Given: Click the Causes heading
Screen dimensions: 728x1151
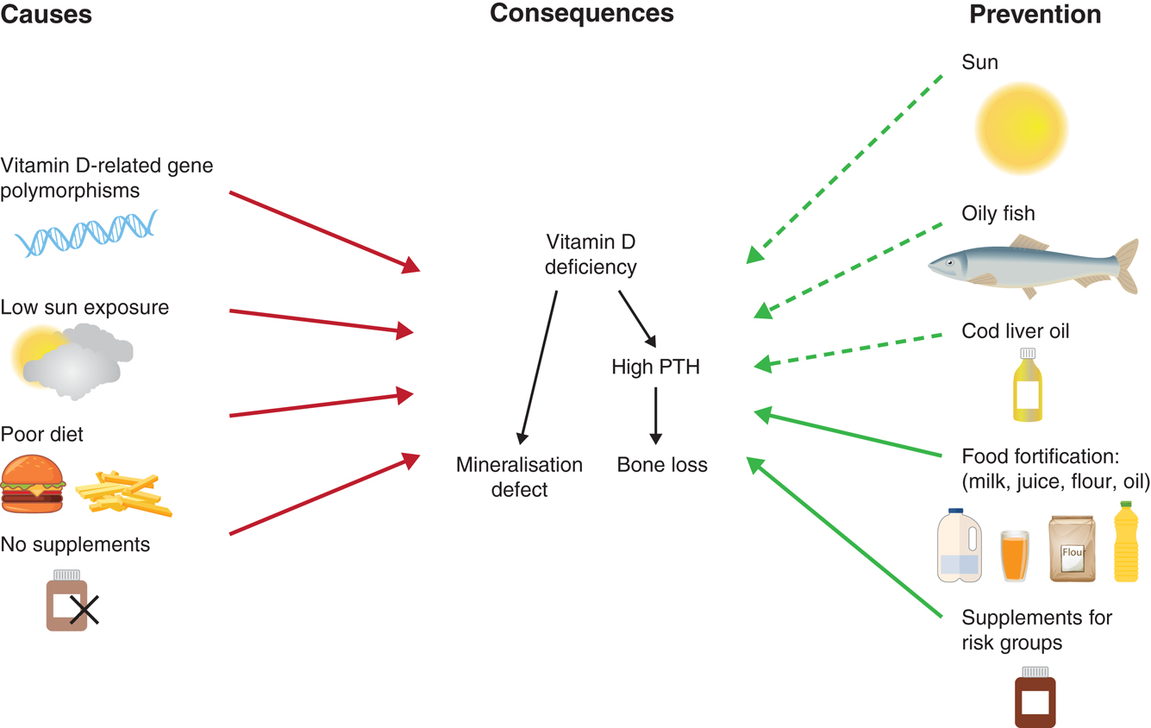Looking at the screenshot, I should [46, 15].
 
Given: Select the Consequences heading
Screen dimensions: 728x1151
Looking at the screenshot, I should [581, 13].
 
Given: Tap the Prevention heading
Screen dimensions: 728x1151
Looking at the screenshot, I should [1035, 15].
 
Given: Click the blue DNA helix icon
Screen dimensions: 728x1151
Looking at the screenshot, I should [86, 233].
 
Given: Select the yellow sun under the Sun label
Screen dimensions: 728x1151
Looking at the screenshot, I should [1022, 128].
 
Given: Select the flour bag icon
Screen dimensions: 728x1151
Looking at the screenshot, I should [1072, 549].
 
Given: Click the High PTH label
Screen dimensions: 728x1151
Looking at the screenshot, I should [655, 367].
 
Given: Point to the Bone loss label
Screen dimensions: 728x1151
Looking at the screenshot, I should [662, 465].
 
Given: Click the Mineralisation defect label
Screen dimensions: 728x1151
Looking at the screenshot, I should [519, 477].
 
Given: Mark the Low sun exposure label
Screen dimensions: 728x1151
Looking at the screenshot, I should [84, 308].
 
